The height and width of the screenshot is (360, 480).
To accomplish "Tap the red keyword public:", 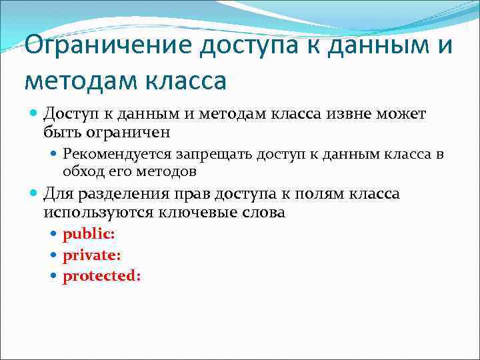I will coord(89,234).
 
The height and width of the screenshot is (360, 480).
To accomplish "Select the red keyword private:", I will coord(91,255).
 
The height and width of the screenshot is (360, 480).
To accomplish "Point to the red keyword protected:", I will coord(102,275).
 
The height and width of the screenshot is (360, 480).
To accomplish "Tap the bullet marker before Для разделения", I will coord(35,195).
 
